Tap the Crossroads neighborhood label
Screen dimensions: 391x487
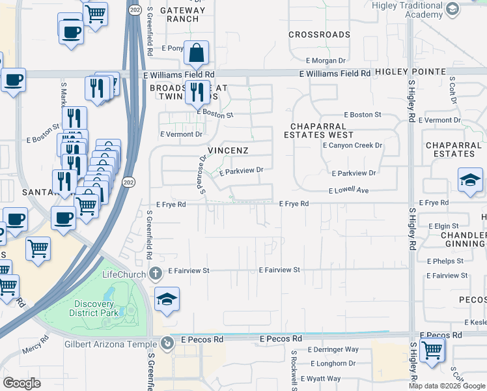[319, 35]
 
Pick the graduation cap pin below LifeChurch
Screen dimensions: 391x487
[167, 299]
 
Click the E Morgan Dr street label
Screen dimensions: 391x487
[329, 61]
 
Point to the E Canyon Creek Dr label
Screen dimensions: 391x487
[352, 145]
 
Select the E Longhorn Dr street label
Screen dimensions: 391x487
[333, 364]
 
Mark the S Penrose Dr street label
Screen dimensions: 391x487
[203, 174]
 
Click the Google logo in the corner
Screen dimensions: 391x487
[22, 383]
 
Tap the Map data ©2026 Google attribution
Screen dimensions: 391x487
[446, 386]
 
